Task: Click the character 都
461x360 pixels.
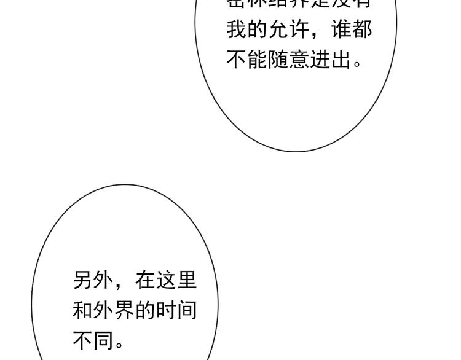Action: point(363,29)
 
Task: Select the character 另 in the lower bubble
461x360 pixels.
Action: point(83,280)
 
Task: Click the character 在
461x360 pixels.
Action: point(146,280)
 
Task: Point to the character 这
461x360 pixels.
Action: point(166,280)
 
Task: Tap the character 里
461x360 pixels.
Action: point(187,280)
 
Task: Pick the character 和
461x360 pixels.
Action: point(83,310)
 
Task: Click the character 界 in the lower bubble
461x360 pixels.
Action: point(125,310)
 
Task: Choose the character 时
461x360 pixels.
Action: point(166,310)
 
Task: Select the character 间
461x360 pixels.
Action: point(187,310)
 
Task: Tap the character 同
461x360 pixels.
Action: point(104,340)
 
